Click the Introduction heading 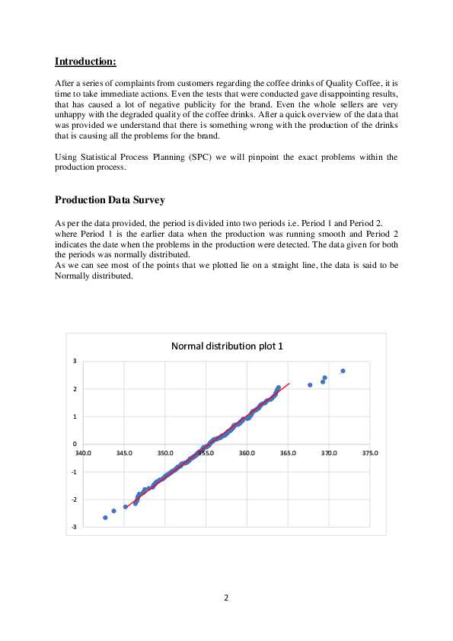click(85, 60)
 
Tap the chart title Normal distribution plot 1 click(226, 346)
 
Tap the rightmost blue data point click(343, 371)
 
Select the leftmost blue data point click(105, 518)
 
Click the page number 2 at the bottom click(226, 598)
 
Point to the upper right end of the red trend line click(289, 384)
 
